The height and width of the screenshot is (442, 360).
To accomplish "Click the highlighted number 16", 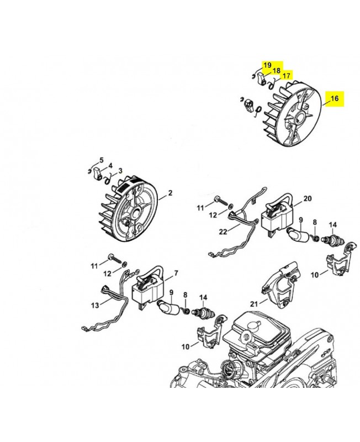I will pos(334,99).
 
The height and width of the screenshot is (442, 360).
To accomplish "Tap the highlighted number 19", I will pos(267,65).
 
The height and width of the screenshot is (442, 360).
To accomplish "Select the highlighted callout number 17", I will pos(286,76).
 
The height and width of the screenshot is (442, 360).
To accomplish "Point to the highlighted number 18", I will pos(276,71).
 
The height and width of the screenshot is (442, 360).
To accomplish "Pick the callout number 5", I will pos(101,160).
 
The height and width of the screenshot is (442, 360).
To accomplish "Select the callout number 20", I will pos(308,198).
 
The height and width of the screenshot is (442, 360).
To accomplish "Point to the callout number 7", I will pos(176,273).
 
